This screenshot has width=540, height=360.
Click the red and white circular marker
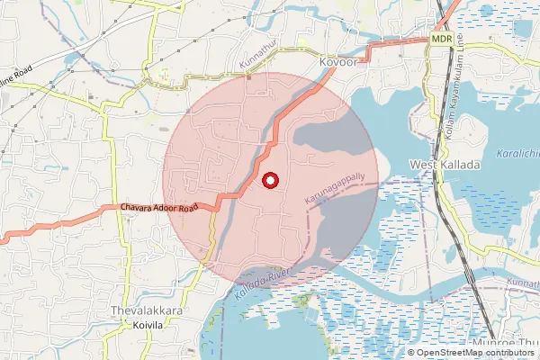[x=269, y=181]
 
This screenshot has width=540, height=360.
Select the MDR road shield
[x=441, y=40]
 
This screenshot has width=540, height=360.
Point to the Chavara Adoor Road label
[x=158, y=208]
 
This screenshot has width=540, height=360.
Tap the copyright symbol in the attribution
[x=411, y=352]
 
